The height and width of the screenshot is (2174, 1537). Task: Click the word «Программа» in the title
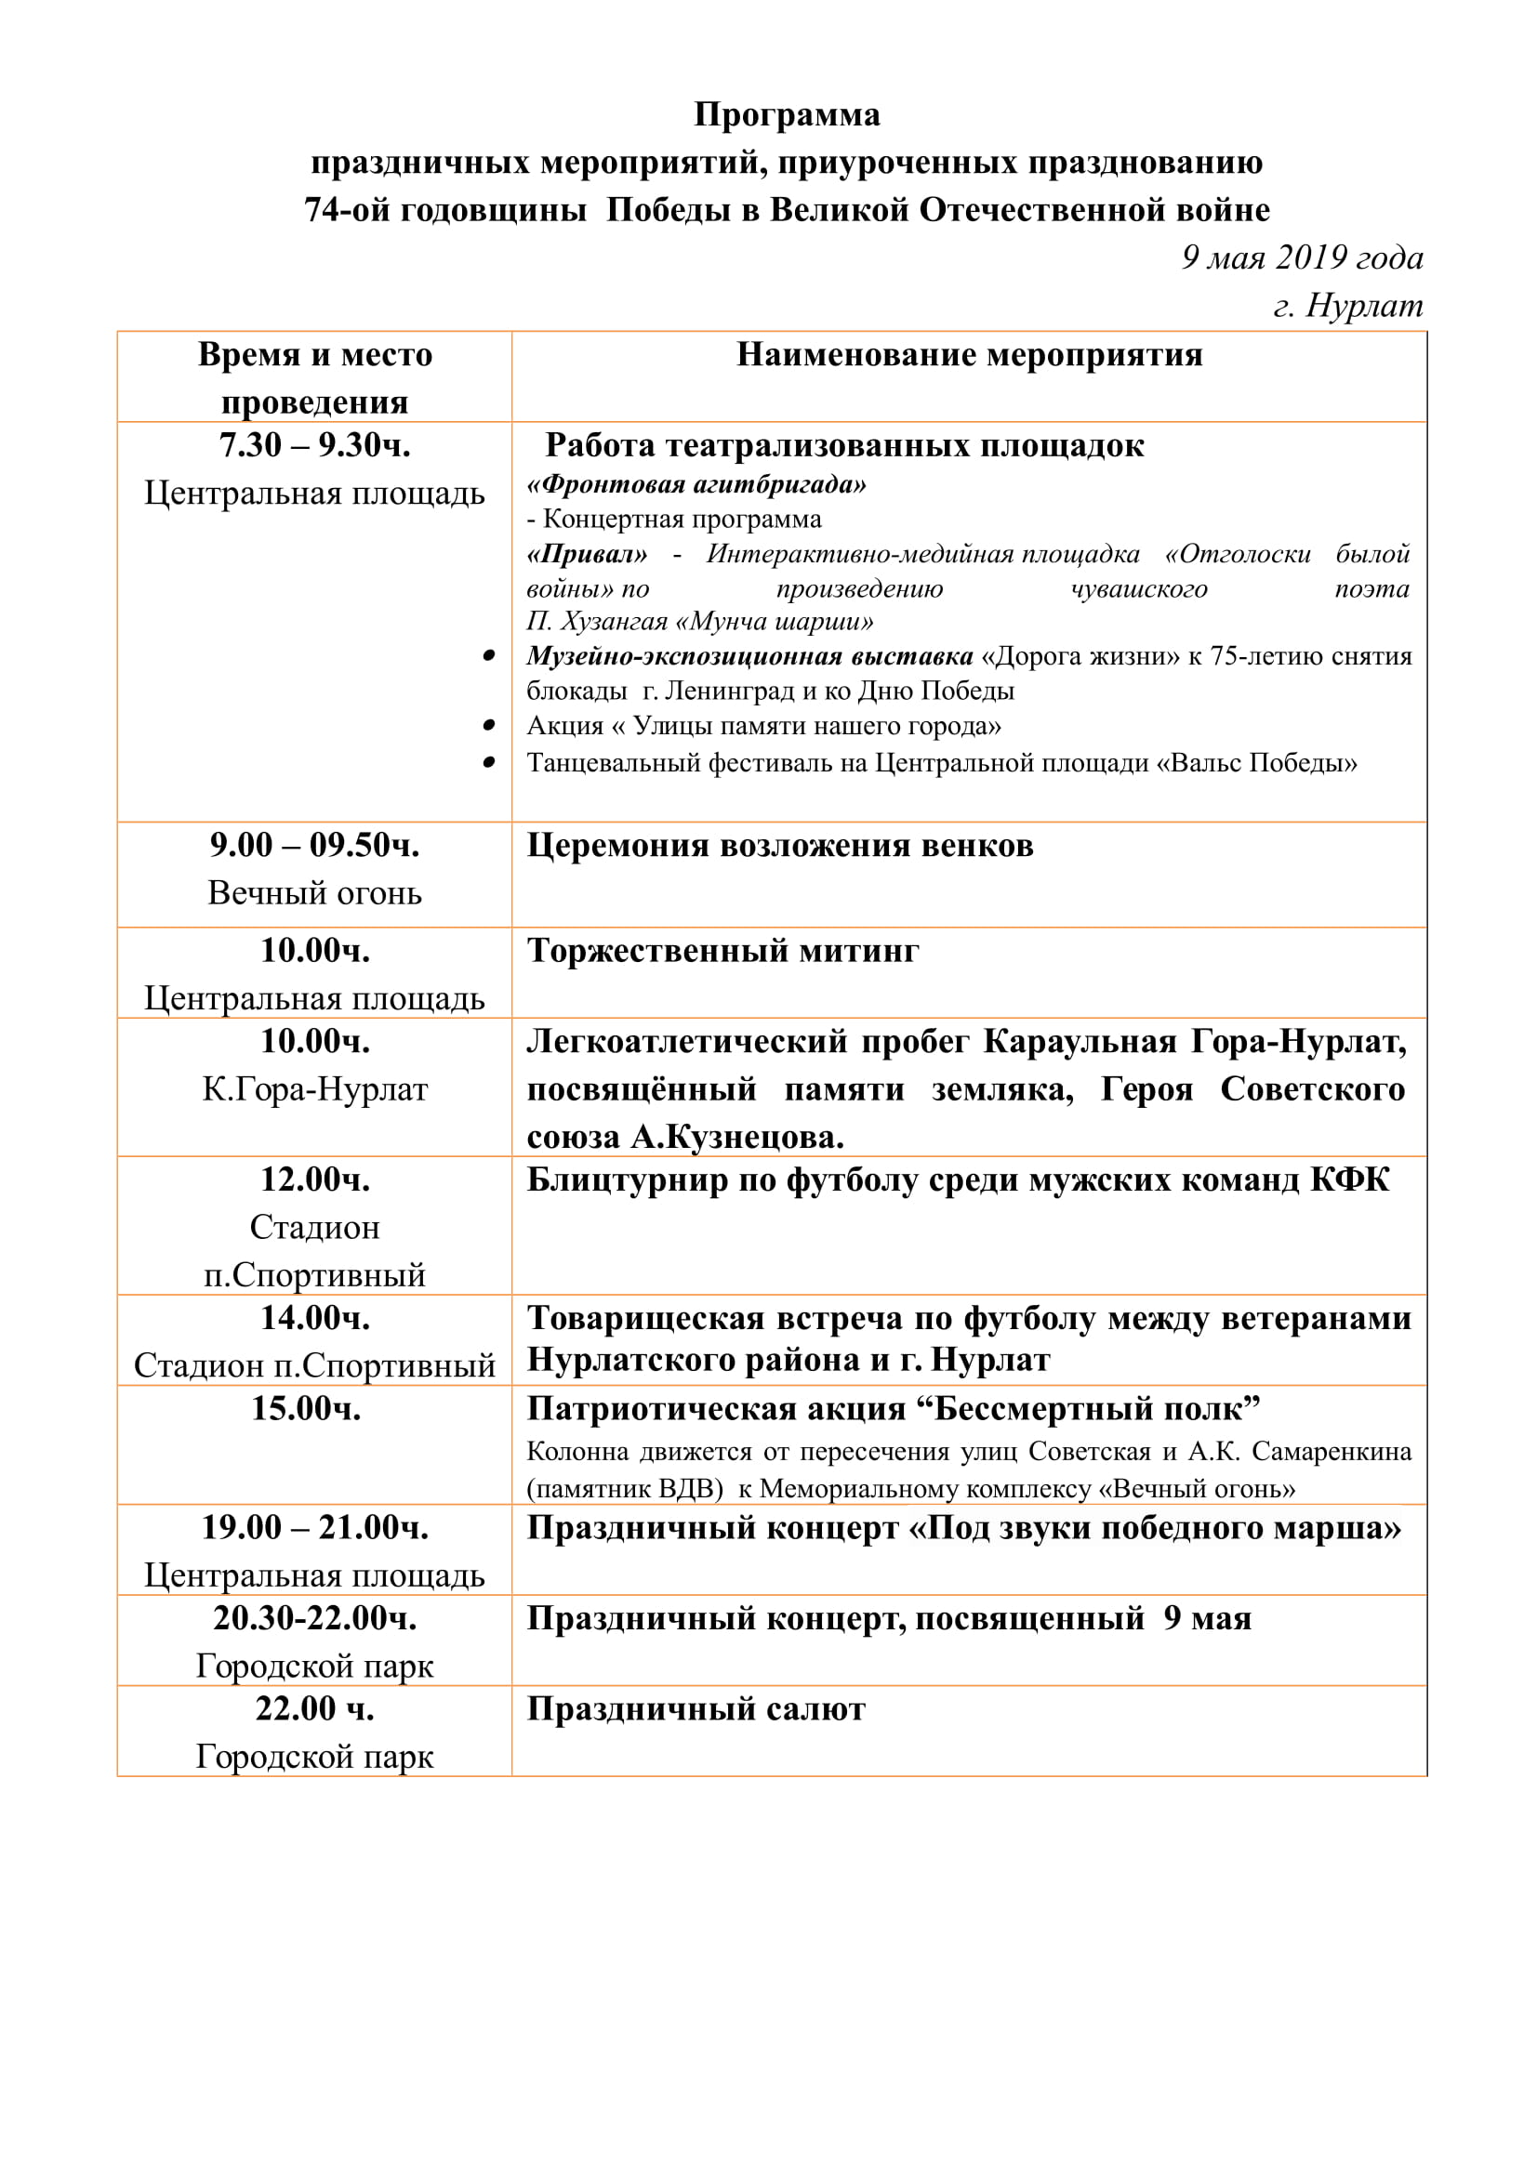click(786, 114)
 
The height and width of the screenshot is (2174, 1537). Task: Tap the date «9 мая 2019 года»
click(1301, 257)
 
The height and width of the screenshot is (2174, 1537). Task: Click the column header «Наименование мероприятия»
click(969, 355)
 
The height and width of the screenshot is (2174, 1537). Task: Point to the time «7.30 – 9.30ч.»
click(314, 445)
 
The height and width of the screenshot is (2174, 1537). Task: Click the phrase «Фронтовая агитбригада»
click(696, 485)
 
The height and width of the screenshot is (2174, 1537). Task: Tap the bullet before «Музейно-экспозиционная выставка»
click(489, 656)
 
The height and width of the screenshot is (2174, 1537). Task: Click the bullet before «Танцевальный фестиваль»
click(489, 762)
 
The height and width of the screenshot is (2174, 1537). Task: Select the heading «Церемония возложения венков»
click(779, 846)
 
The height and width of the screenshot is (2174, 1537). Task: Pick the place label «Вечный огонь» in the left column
click(314, 893)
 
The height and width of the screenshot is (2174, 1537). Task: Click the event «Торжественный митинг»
click(722, 951)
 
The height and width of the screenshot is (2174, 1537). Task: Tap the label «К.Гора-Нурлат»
click(314, 1090)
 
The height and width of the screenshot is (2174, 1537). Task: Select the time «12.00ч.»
click(314, 1179)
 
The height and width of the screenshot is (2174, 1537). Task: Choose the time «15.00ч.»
click(305, 1409)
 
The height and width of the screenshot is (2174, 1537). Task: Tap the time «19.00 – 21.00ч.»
click(314, 1527)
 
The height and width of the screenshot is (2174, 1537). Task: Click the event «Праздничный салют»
click(696, 1710)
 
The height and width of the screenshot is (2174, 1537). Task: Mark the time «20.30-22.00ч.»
click(314, 1618)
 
